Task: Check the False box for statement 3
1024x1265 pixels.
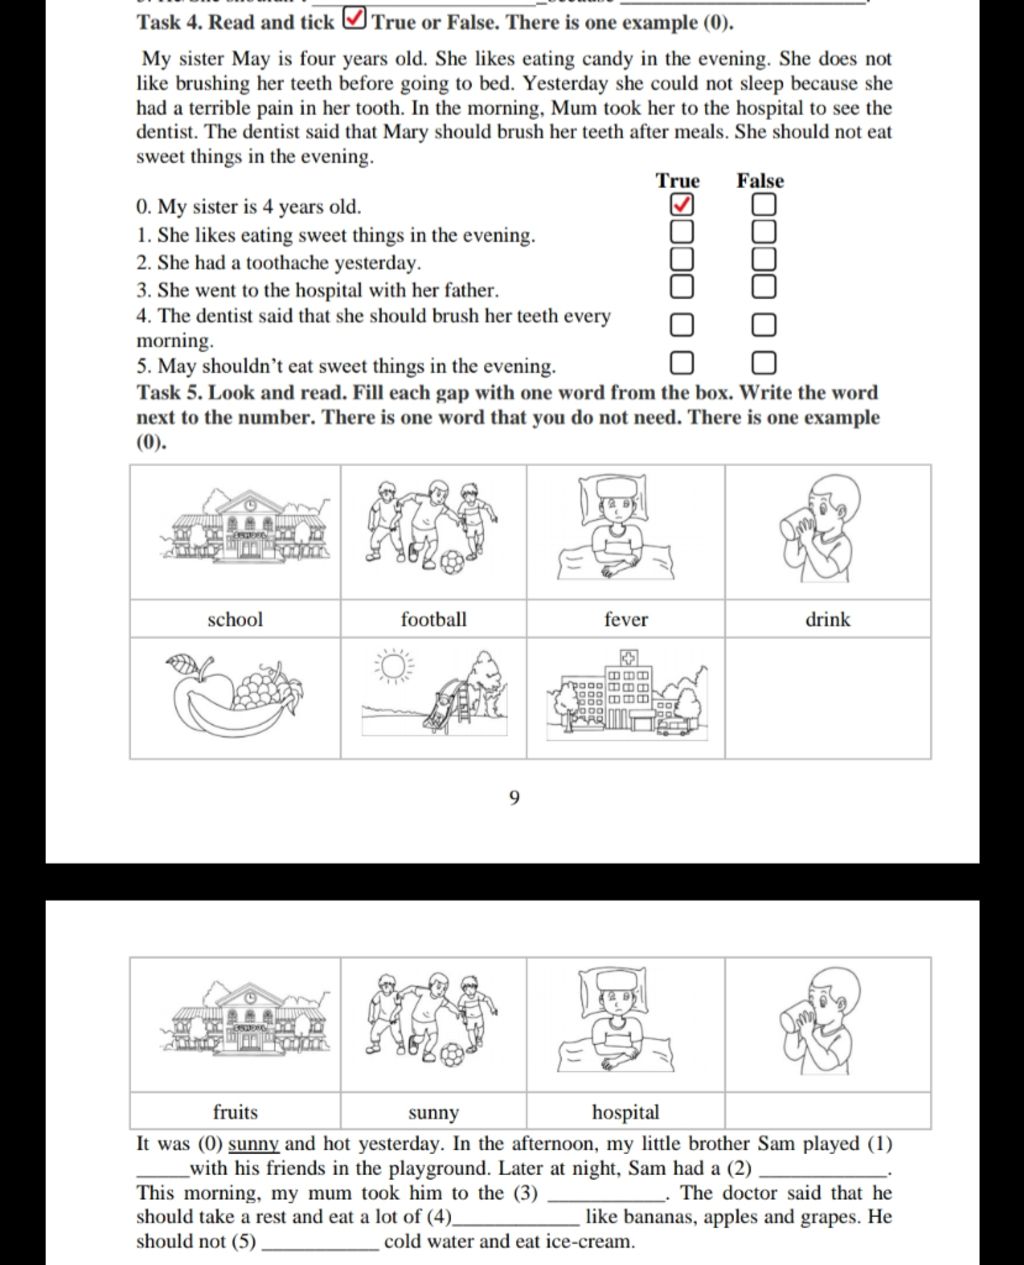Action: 763,287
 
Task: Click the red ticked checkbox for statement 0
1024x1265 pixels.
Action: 681,205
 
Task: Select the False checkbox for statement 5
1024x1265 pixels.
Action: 763,362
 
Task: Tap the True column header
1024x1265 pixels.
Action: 678,181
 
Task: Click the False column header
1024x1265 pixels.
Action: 760,181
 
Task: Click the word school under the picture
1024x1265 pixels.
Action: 235,620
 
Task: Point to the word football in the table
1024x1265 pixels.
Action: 433,620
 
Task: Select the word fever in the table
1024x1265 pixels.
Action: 626,620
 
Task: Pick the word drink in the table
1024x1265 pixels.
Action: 828,620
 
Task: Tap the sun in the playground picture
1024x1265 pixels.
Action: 393,666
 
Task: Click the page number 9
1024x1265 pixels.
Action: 514,798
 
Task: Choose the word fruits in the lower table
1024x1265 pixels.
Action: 235,1112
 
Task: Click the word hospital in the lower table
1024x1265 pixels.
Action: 626,1112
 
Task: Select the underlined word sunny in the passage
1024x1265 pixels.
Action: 253,1144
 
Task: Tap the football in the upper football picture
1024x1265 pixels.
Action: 452,562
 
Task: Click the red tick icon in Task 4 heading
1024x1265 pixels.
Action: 354,19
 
